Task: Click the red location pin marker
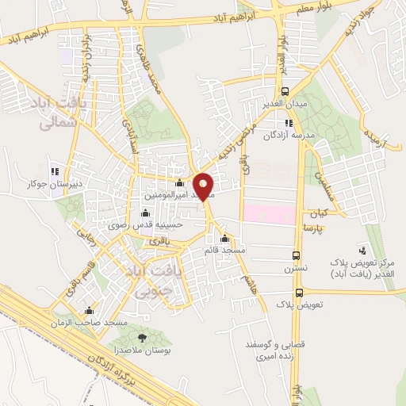pos(204,186)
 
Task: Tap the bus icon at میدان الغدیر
pos(285,91)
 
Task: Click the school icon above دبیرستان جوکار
pos(54,171)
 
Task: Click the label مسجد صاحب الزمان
pos(88,324)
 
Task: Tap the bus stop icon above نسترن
pos(297,256)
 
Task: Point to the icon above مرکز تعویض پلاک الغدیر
pos(363,249)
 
